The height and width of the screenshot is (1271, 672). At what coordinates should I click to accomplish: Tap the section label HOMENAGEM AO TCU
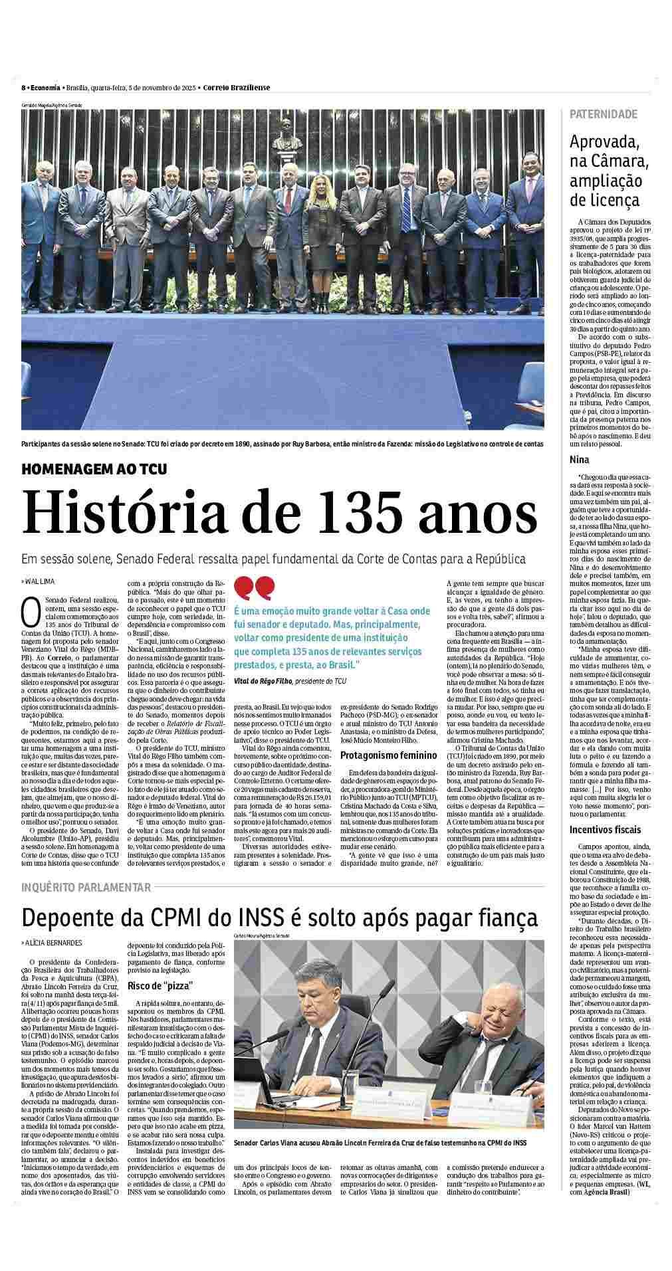94,469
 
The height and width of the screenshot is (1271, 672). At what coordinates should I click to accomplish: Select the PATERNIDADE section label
603,114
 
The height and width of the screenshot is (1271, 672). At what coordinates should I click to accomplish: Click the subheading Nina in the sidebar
580,460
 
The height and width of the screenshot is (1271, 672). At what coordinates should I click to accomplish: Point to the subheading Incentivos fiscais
605,829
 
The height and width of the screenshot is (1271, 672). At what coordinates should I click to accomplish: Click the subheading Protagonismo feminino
388,755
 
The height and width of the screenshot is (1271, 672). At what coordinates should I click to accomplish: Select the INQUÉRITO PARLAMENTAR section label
86,887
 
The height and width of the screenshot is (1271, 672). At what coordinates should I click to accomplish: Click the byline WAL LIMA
41,581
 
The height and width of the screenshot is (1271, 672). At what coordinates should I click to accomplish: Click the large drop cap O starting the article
31,612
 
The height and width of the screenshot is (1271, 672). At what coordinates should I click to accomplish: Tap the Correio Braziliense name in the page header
237,88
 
